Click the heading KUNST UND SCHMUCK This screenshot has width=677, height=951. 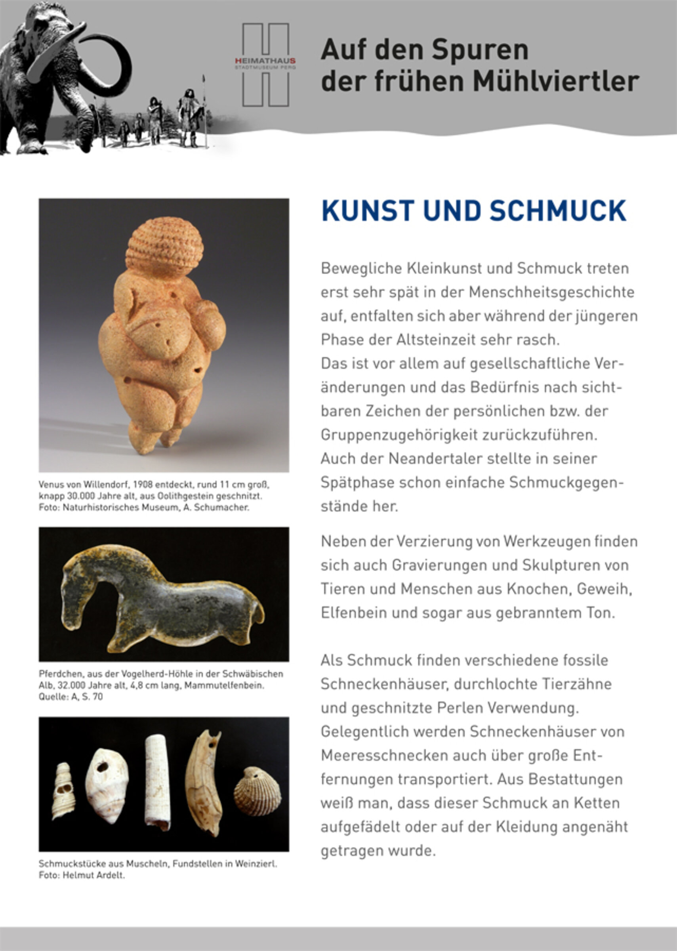(473, 211)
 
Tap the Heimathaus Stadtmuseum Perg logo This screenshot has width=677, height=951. (265, 65)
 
